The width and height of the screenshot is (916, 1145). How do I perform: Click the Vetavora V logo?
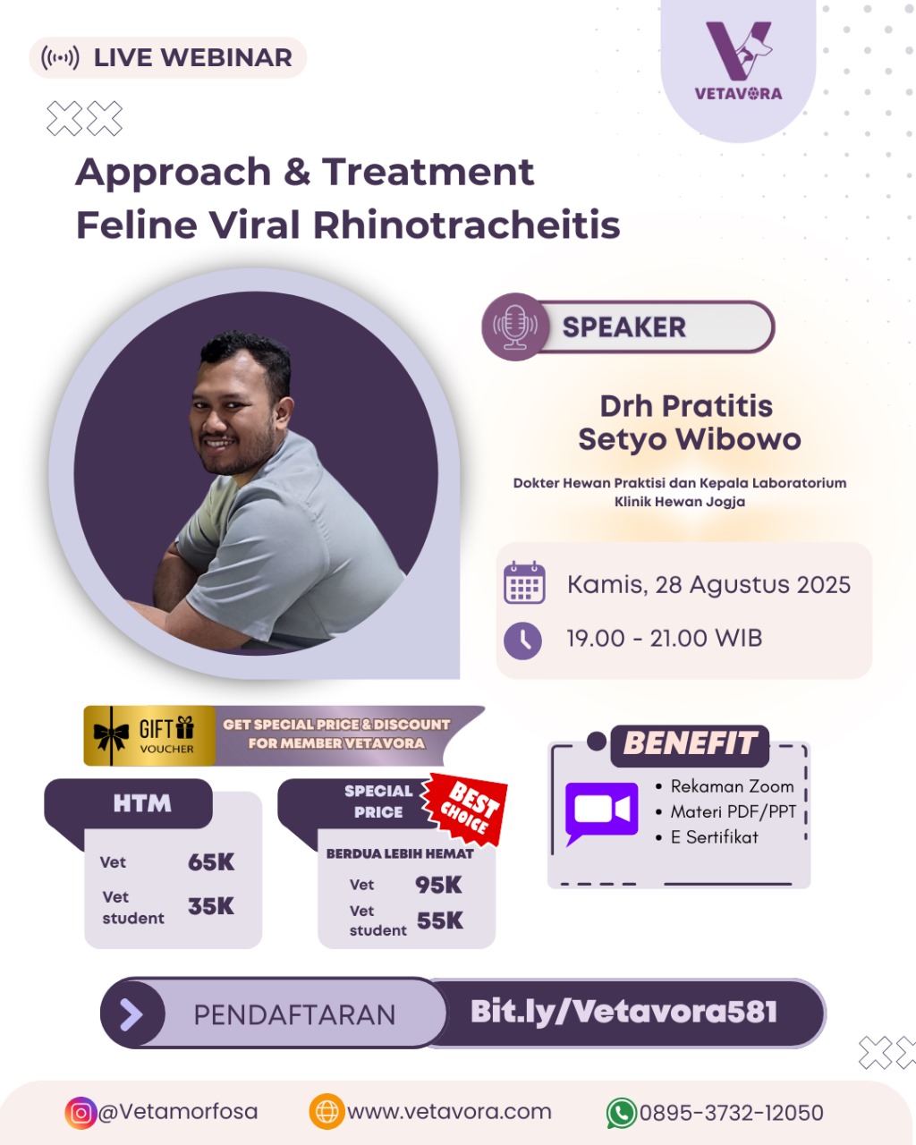click(x=739, y=51)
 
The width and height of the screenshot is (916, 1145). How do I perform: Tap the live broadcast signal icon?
click(x=60, y=57)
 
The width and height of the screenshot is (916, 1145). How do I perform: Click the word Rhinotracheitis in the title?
click(x=466, y=225)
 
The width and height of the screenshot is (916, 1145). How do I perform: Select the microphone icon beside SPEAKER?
click(x=514, y=327)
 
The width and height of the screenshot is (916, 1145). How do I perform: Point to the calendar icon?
click(x=524, y=582)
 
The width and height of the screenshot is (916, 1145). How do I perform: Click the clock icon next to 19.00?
click(x=522, y=640)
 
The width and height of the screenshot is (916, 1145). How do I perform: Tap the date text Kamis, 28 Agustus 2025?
click(x=708, y=585)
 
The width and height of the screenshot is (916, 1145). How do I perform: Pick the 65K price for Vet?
click(x=211, y=862)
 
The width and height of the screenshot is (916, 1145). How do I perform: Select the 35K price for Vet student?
click(x=211, y=906)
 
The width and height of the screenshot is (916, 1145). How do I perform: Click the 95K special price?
click(x=438, y=885)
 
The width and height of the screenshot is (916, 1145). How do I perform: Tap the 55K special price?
click(x=439, y=920)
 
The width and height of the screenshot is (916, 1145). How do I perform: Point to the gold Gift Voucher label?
click(x=149, y=736)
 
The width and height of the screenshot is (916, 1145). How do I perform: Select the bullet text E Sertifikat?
click(x=714, y=837)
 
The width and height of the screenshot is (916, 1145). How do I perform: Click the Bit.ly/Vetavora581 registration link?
click(x=623, y=1012)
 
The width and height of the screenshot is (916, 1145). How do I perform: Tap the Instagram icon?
click(x=81, y=1113)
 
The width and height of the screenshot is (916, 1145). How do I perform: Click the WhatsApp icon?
click(x=622, y=1113)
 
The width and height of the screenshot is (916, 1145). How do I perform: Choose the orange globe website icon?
click(x=327, y=1112)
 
